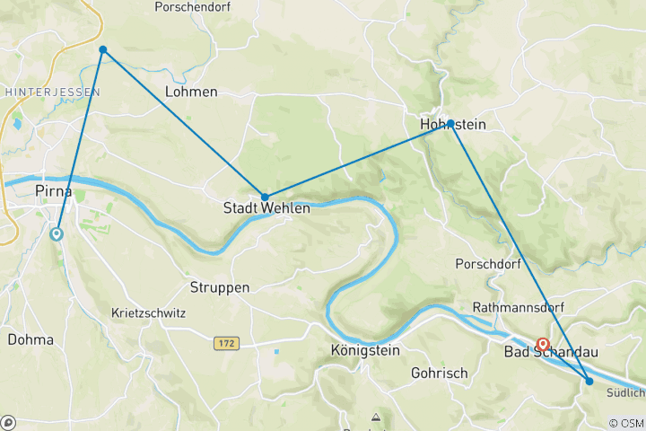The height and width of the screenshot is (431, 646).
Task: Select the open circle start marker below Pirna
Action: (x=57, y=234)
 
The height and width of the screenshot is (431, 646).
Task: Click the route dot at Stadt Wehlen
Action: (x=265, y=197)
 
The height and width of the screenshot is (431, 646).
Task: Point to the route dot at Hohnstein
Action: (x=450, y=122)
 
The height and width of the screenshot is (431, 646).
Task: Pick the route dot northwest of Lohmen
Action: (x=103, y=49)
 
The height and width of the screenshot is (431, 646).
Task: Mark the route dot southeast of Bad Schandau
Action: (x=589, y=382)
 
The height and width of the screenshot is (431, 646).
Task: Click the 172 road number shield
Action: (x=227, y=344)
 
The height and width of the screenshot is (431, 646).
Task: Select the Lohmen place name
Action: (x=191, y=92)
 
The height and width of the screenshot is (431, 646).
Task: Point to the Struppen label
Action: (x=220, y=288)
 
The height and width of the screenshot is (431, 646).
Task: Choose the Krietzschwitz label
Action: (x=148, y=313)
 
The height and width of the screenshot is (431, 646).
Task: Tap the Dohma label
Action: (x=31, y=340)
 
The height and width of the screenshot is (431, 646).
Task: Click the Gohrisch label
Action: (x=438, y=372)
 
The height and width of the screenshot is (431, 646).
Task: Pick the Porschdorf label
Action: (x=489, y=264)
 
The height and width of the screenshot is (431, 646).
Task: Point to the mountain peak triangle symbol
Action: (x=376, y=418)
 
